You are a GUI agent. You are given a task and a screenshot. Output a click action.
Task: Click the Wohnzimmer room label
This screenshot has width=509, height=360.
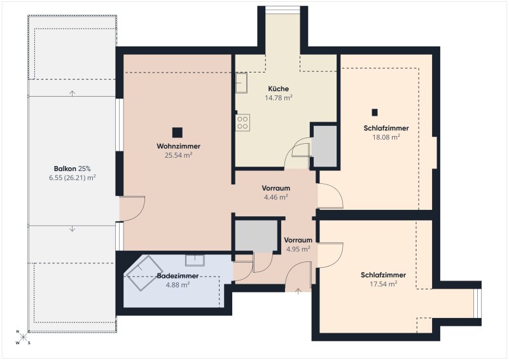tap(179, 146)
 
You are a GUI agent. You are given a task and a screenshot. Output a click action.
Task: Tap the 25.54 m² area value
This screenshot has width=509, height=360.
tap(179, 155)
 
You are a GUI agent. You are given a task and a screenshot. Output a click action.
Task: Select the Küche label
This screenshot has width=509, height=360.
tap(279, 88)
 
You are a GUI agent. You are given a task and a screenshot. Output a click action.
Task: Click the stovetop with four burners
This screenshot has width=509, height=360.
tap(242, 123)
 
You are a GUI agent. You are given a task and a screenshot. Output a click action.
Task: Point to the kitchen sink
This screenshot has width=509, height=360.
tap(241, 83)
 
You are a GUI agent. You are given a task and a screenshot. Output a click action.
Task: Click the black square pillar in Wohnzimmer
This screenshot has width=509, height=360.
tap(178, 132)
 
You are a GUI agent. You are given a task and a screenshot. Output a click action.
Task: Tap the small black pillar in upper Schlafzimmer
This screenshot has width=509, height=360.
tap(375, 113)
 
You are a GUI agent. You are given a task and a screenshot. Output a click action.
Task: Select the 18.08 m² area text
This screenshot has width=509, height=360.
tap(386, 137)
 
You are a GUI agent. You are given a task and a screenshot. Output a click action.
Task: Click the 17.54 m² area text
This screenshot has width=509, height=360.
tap(384, 284)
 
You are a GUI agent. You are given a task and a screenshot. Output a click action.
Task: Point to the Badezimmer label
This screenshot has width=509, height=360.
tap(178, 275)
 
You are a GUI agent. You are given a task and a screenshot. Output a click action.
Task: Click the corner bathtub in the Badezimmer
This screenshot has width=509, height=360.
tap(144, 273)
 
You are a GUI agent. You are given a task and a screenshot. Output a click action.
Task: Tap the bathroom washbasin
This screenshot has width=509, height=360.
tap(195, 260)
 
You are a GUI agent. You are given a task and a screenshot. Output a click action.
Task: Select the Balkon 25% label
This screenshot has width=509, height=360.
tap(72, 169)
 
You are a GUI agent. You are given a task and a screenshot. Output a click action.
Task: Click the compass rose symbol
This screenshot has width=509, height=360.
tap(23, 337)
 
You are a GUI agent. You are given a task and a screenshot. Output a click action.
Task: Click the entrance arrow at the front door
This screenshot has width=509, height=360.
tap(298, 291)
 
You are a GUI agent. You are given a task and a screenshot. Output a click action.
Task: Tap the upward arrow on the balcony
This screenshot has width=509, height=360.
tap(72, 93)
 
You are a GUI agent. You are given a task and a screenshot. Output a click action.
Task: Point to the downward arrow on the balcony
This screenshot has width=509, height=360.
tap(72, 229)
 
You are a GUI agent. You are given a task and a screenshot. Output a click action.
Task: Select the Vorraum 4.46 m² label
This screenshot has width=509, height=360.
tap(276, 193)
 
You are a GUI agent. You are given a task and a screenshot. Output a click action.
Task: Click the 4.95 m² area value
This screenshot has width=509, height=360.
tap(298, 249)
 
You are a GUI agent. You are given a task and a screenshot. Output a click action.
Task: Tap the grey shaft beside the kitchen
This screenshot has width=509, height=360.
tap(325, 146)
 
